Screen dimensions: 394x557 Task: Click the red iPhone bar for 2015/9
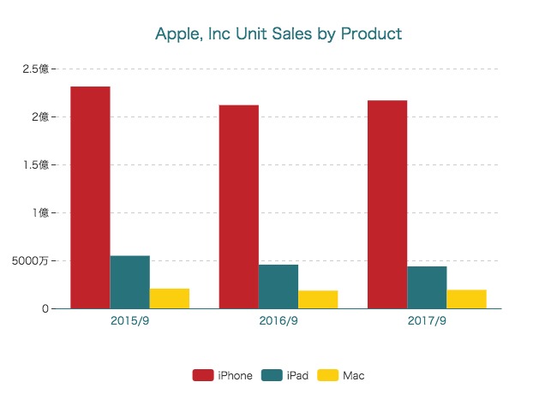coord(90,197)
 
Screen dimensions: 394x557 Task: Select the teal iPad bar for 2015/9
coord(129,282)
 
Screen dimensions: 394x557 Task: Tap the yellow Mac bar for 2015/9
coord(169,298)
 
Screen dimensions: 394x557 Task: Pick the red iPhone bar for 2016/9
coord(238,206)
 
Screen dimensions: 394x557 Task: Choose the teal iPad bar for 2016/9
coord(278,286)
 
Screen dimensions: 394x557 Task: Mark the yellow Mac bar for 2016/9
coord(317,299)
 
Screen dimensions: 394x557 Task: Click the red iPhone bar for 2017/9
coord(387,204)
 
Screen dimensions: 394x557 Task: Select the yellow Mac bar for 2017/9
coord(466,299)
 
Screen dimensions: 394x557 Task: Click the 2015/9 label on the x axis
coord(129,321)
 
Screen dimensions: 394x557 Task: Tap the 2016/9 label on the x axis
coord(278,321)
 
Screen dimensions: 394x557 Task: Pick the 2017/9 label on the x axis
coord(427,321)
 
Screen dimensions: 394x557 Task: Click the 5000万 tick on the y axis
coord(32,260)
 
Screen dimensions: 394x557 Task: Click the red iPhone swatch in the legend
coord(202,375)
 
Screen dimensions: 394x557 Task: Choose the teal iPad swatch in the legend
coord(272,375)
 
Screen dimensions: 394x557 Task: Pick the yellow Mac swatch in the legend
coord(327,375)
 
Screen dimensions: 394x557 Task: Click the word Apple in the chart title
coord(175,34)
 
